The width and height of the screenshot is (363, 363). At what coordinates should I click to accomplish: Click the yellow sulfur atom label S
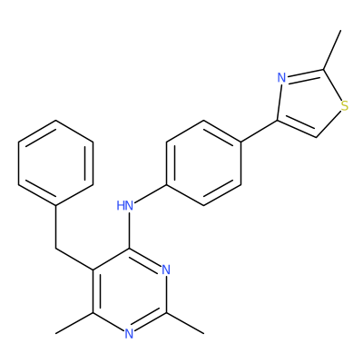[x=344, y=106]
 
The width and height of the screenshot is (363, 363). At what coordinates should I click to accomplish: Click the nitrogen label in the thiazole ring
[x=281, y=78]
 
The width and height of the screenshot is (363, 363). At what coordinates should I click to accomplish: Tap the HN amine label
[x=125, y=206]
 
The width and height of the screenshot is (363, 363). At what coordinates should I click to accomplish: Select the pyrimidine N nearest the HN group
[x=166, y=270]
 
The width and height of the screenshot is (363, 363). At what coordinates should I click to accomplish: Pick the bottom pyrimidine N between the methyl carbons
[x=129, y=334]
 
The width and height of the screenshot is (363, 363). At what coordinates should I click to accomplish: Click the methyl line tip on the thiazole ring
[x=341, y=30]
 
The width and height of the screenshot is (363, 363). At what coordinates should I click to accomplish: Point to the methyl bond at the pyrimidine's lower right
[x=185, y=323]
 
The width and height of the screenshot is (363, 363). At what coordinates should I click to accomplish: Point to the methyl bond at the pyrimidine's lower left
[x=74, y=323]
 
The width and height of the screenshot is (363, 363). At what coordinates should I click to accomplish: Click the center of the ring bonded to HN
[x=203, y=163]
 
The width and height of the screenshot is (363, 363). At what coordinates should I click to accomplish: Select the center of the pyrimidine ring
[x=130, y=291]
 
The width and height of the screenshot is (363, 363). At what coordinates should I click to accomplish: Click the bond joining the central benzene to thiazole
[x=259, y=131]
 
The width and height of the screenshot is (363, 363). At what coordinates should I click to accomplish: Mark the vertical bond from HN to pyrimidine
[x=130, y=231]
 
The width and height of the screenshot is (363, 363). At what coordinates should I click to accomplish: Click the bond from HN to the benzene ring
[x=151, y=193]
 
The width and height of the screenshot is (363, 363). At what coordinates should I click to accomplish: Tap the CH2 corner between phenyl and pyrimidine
[x=56, y=249]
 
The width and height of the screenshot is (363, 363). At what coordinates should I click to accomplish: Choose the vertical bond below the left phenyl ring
[x=56, y=228]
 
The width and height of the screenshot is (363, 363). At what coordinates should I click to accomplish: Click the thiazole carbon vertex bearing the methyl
[x=324, y=70]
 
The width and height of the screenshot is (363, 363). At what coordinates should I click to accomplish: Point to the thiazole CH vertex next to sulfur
[x=317, y=137]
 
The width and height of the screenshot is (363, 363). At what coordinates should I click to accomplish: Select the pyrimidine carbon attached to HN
[x=130, y=249]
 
